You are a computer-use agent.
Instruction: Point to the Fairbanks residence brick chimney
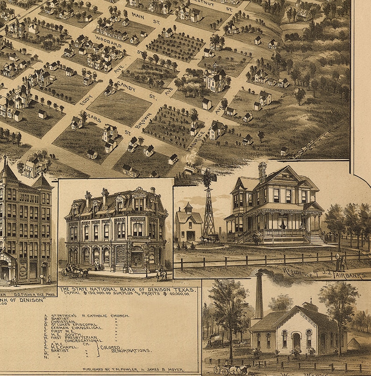(262, 171)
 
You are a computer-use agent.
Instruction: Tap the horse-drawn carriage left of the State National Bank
(75, 272)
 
